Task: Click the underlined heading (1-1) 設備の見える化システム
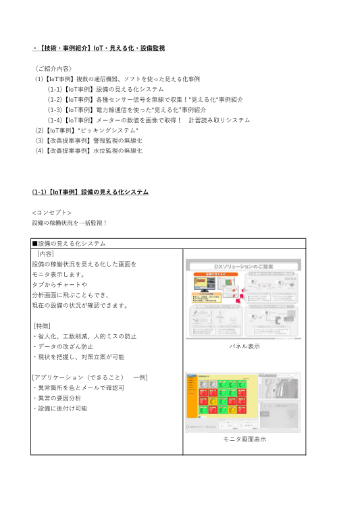pyautogui.click(x=91, y=192)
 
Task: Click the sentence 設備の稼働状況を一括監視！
pyautogui.click(x=70, y=222)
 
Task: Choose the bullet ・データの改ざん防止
pyautogui.click(x=65, y=346)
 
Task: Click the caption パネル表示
pyautogui.click(x=245, y=346)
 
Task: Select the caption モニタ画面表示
pyautogui.click(x=245, y=439)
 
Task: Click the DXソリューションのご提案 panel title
pyautogui.click(x=245, y=266)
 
